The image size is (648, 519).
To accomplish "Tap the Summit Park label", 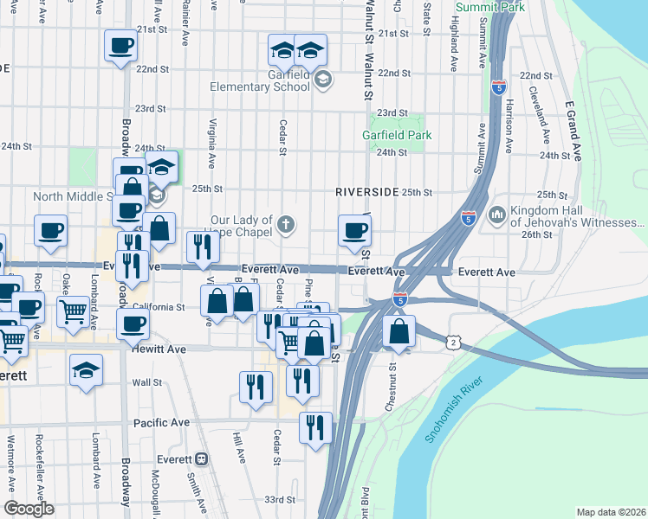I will click(489, 7).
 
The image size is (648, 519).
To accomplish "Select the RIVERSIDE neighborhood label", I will click(367, 191).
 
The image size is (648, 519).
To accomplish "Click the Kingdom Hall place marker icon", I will click(497, 214).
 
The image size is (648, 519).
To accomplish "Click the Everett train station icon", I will click(202, 458).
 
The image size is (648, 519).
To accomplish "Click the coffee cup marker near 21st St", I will click(120, 46).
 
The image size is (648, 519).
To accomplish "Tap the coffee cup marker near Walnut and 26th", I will click(353, 231).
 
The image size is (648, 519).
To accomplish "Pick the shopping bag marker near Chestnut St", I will click(398, 331).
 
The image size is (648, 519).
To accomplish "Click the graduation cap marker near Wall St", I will click(86, 372).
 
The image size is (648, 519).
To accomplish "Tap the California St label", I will click(159, 306).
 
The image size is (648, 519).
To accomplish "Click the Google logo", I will click(29, 509).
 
